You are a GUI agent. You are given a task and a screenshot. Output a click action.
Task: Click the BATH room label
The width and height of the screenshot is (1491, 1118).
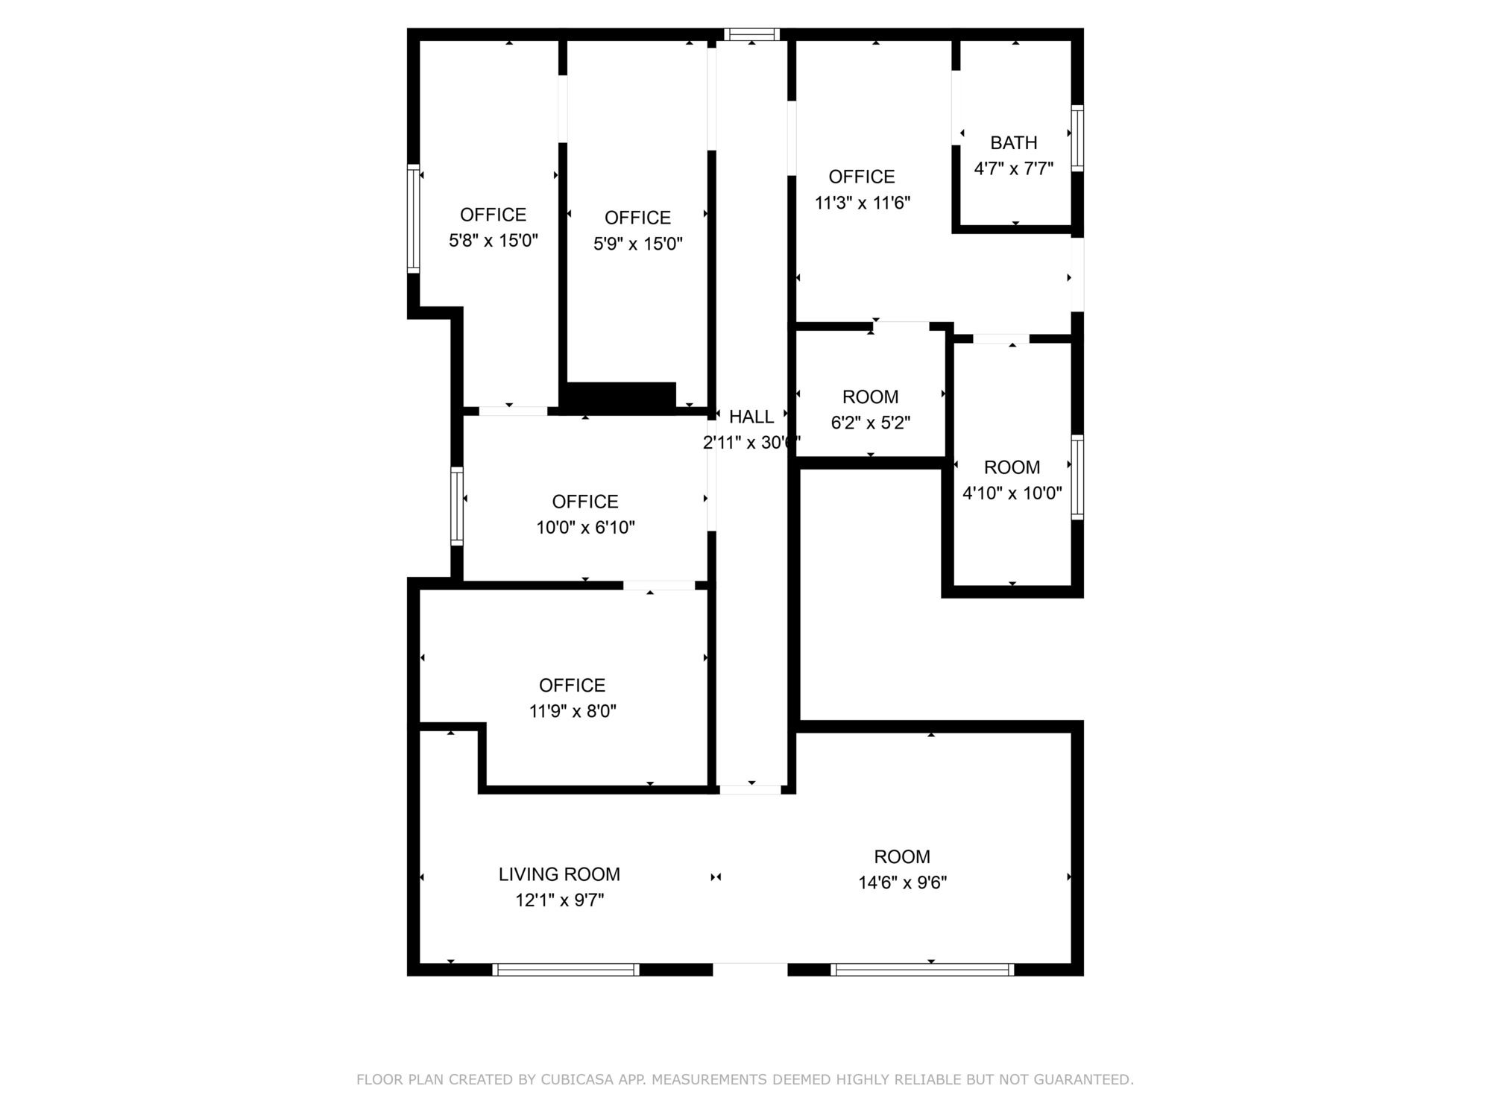tap(1013, 142)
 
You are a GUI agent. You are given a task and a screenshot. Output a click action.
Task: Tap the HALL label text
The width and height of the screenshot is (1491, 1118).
tap(751, 417)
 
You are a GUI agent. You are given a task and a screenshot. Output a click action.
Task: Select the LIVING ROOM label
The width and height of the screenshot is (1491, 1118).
tap(559, 874)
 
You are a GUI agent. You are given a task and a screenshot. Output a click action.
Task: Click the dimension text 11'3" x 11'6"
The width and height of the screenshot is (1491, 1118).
tap(863, 203)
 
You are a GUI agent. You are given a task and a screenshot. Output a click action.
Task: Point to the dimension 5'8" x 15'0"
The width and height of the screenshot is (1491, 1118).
tap(494, 241)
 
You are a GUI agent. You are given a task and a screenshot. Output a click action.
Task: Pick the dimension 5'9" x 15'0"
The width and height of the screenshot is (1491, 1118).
tap(638, 244)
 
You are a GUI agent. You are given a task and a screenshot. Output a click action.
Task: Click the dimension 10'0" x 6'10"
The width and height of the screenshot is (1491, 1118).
tap(585, 528)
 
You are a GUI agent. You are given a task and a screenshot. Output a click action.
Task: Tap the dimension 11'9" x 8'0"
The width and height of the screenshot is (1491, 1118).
tap(573, 711)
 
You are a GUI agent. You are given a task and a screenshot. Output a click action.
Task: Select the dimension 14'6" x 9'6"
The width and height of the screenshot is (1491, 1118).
tap(902, 882)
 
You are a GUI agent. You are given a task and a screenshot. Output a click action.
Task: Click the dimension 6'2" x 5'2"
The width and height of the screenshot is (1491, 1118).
tap(871, 423)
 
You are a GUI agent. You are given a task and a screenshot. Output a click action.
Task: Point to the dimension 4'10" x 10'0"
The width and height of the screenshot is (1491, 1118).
tap(1012, 493)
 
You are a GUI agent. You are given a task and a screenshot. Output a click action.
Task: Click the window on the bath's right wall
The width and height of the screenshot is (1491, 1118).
tap(1077, 138)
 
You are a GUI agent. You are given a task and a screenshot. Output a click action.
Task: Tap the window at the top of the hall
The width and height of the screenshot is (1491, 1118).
tap(751, 34)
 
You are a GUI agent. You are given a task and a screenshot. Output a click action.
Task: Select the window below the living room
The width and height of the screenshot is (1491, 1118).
tap(566, 970)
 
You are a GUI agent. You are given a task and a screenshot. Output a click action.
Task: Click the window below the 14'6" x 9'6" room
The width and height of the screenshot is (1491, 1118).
tap(922, 970)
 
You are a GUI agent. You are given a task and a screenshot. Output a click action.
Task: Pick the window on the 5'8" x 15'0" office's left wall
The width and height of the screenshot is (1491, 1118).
tap(413, 218)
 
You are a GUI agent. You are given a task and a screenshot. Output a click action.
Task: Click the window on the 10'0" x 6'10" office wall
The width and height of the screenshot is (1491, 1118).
tap(457, 506)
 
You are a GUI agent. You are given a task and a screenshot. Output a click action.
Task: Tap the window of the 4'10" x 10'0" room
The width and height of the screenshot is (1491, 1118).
tap(1077, 477)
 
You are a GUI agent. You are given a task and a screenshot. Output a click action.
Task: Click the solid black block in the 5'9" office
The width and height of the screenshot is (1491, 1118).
tap(620, 395)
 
